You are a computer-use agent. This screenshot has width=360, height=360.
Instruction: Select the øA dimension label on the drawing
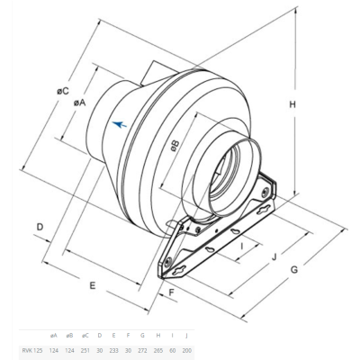coord(80,103)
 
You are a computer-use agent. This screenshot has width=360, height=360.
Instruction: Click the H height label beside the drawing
coord(292,106)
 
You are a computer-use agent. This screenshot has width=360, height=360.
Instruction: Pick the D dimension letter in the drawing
coord(40,226)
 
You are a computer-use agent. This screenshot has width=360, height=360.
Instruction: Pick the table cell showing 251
coord(85,349)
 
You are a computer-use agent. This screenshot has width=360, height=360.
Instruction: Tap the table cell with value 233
coord(114,349)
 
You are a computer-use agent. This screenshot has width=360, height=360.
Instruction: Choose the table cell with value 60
coord(173,349)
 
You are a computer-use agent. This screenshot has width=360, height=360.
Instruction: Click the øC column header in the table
coord(85,334)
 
